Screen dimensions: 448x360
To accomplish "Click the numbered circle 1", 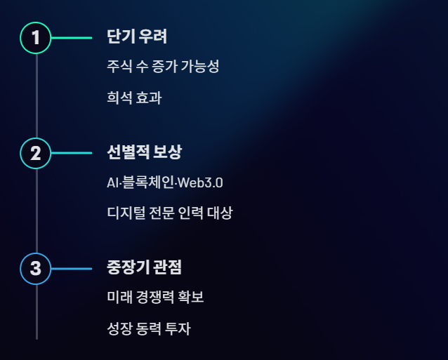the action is click(36, 37).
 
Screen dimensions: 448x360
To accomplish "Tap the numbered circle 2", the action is click(36, 153).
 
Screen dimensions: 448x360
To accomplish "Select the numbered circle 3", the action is click(36, 269).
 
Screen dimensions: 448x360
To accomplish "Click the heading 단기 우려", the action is click(137, 36).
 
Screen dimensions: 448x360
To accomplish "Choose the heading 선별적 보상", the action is click(145, 152).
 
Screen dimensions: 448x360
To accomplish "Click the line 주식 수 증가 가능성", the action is click(163, 67).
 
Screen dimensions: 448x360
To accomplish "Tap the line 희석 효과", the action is click(134, 98).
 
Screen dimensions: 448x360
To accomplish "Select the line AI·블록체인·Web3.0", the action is click(165, 183).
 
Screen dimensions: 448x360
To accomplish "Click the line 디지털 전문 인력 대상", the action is click(169, 213).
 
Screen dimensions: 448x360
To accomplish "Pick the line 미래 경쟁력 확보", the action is click(155, 298).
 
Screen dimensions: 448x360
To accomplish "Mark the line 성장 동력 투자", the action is click(149, 328).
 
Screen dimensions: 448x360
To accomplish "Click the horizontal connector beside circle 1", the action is click(72, 37).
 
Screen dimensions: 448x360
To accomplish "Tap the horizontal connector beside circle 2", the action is click(72, 153).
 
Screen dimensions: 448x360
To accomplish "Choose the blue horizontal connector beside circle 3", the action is click(72, 269).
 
